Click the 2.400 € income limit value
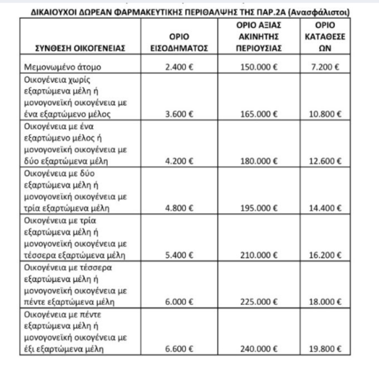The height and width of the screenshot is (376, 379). [179, 67]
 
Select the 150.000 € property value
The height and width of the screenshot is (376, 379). [259, 67]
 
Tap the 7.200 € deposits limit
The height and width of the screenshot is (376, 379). [325, 67]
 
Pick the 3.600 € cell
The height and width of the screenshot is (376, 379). [179, 114]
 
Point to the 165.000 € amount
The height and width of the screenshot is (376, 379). [259, 114]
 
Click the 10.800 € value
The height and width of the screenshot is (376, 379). [325, 114]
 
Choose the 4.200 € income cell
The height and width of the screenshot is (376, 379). [179, 161]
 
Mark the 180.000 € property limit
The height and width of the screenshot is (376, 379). [259, 161]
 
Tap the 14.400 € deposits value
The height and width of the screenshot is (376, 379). [325, 208]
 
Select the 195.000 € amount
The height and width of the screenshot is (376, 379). [259, 208]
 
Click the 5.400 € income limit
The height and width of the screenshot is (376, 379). [179, 255]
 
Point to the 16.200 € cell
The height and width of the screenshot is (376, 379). [325, 255]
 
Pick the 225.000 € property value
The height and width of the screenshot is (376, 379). [259, 302]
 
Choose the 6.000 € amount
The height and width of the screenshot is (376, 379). [179, 302]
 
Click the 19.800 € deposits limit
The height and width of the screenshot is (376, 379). [325, 349]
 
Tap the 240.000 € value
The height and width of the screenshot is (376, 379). [259, 349]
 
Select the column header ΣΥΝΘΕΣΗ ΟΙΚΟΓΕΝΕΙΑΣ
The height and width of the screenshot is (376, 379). [80, 48]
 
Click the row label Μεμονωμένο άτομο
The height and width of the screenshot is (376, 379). [63, 67]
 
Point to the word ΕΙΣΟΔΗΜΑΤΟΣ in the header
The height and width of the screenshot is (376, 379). [179, 48]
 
